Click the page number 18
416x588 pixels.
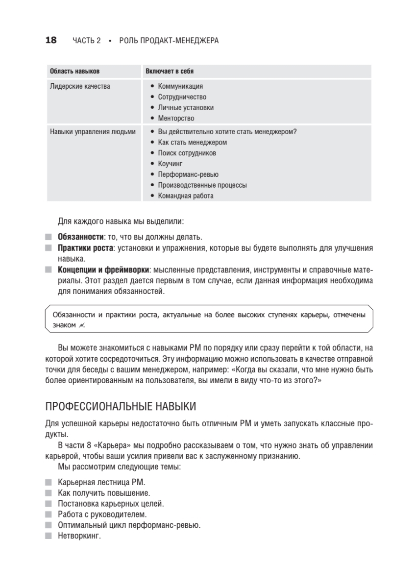(x=51, y=41)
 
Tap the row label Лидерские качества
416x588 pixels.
(x=80, y=86)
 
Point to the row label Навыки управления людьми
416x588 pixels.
(x=93, y=131)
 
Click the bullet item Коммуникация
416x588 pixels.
(x=180, y=86)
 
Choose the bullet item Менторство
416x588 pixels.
(x=176, y=118)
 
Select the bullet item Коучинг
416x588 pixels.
(x=170, y=164)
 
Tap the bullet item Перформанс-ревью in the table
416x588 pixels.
(x=188, y=174)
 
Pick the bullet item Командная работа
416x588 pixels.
(x=186, y=196)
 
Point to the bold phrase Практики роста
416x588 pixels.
(x=85, y=248)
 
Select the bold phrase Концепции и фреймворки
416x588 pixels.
(x=103, y=270)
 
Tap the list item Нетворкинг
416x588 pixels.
(x=79, y=536)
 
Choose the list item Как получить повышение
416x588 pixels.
(x=104, y=493)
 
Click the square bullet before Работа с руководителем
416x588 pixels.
(x=48, y=514)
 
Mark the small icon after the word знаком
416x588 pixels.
(x=81, y=325)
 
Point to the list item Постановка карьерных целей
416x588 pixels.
(x=111, y=504)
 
